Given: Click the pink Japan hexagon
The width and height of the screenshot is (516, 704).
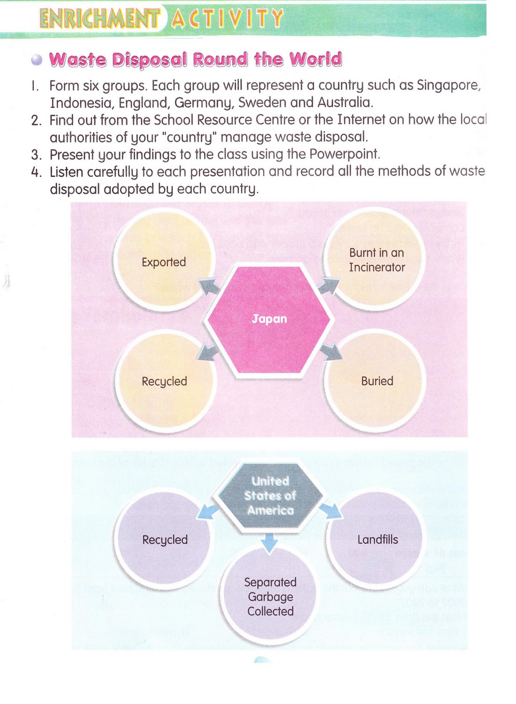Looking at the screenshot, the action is coord(269,320).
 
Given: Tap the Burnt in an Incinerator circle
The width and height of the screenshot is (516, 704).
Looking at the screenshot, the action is coord(376,259).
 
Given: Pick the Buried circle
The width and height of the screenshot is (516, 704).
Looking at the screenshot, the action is coord(376,381).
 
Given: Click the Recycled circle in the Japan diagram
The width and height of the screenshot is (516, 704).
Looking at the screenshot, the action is coord(165,381).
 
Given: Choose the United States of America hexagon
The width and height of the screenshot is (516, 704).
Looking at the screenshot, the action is coord(270,496).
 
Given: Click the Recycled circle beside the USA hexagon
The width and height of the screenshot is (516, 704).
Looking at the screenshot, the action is coord(165,539).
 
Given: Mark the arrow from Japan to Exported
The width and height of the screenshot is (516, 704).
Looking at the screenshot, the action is coord(210,286).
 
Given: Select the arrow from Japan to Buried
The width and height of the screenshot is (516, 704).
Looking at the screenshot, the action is coord(332,352).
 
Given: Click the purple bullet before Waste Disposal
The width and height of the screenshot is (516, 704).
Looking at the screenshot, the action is coord(37,60).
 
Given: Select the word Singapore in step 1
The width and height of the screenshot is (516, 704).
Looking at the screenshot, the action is coord(448,85).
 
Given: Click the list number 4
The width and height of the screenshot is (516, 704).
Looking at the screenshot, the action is coord(36,172).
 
